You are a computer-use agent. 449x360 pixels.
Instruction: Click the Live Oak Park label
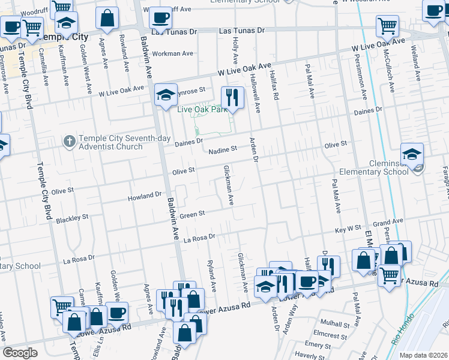tap(200, 110)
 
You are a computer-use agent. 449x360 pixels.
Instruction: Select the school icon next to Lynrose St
tap(166, 95)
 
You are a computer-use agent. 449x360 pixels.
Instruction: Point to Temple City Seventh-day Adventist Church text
tap(110, 142)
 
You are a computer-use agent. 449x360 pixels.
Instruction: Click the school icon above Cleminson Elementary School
tap(412, 154)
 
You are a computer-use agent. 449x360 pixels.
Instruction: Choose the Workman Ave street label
tap(173, 53)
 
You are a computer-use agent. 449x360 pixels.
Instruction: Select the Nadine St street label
tap(223, 149)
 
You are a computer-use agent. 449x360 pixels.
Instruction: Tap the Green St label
tap(193, 214)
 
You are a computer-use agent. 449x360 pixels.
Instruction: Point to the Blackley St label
tap(72, 219)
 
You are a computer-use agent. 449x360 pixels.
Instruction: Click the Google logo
tap(20, 353)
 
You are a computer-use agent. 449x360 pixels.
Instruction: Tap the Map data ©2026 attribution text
tap(423, 355)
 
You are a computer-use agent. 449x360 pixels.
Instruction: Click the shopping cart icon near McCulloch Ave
tap(388, 26)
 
